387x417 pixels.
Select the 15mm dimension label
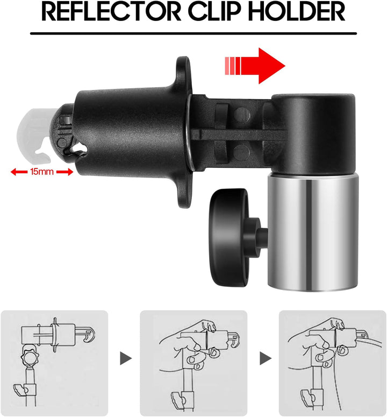(x=42, y=172)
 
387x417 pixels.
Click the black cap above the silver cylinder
(x=313, y=130)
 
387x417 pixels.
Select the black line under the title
(x=194, y=33)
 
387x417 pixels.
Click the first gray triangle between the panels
(x=126, y=358)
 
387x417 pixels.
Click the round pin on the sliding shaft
(x=243, y=114)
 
